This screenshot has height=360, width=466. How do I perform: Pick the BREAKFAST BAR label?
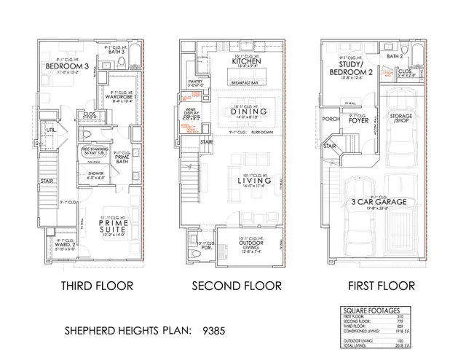tap(248, 82)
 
